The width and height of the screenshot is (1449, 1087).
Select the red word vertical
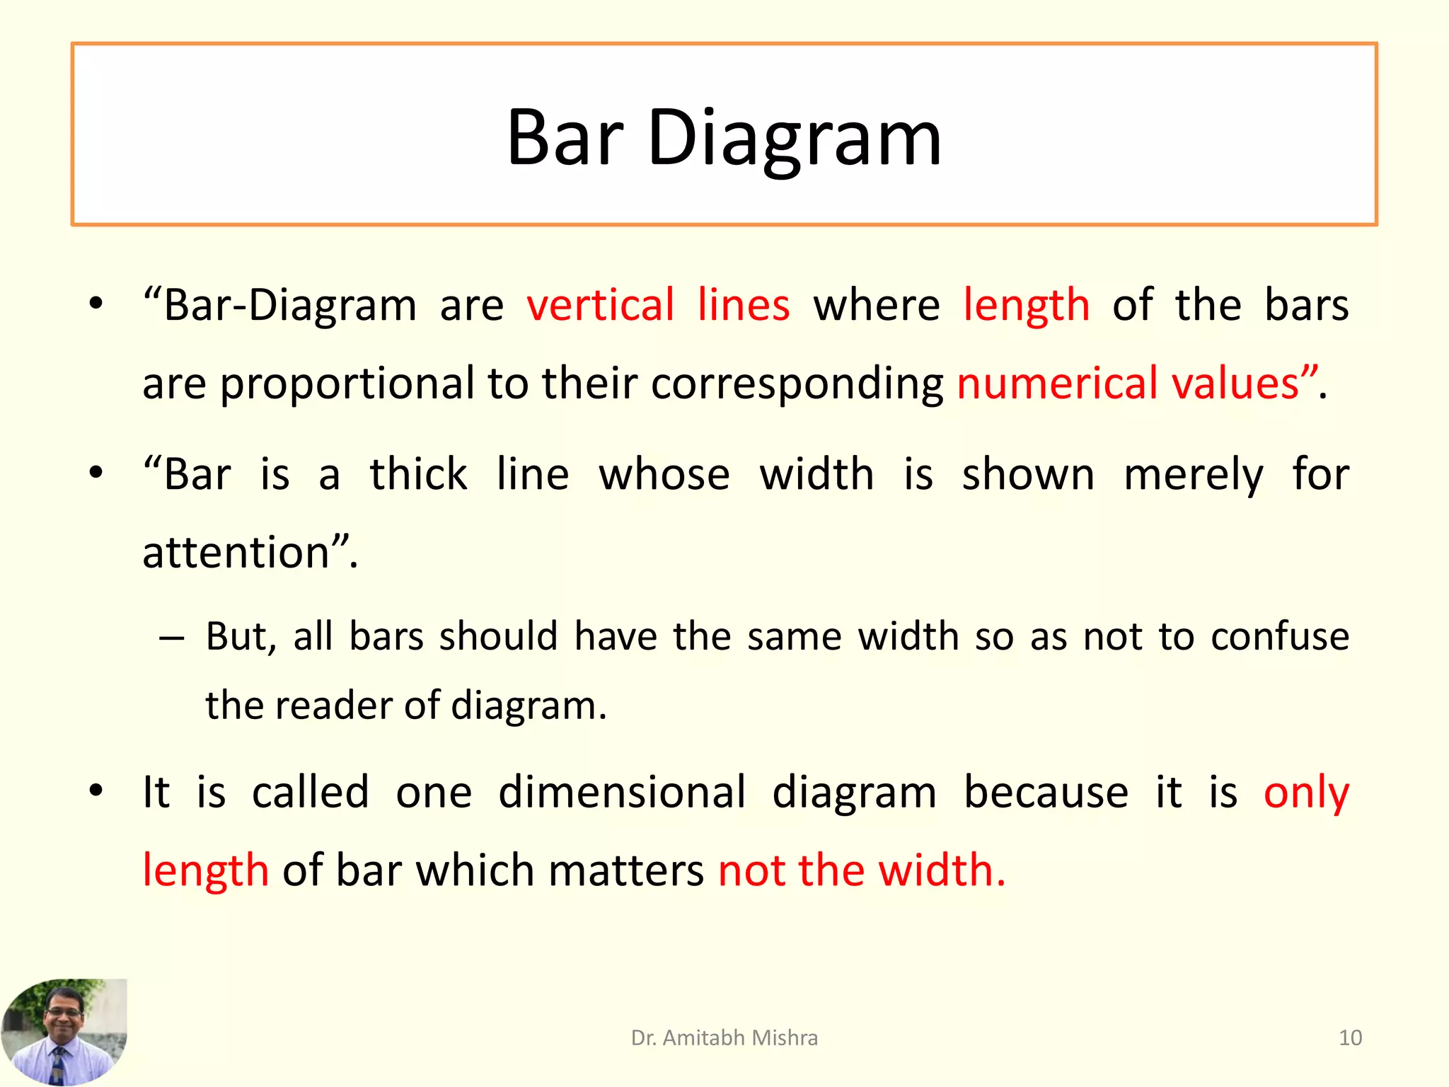pyautogui.click(x=600, y=306)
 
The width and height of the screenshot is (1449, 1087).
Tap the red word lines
pyautogui.click(x=743, y=306)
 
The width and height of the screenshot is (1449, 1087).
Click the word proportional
pyautogui.click(x=347, y=384)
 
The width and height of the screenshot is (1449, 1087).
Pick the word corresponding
pyautogui.click(x=797, y=384)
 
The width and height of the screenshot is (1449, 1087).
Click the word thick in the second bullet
pyautogui.click(x=418, y=474)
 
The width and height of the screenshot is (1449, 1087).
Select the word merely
pyautogui.click(x=1193, y=474)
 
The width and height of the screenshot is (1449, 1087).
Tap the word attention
pyautogui.click(x=236, y=552)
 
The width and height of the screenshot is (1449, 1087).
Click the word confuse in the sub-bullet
pyautogui.click(x=1279, y=636)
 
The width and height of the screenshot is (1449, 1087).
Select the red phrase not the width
pyautogui.click(x=861, y=870)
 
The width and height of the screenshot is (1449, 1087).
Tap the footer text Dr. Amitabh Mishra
pyautogui.click(x=724, y=1037)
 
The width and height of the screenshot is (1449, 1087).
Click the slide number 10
pyautogui.click(x=1350, y=1037)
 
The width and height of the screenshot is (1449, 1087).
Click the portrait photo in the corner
pyautogui.click(x=64, y=1031)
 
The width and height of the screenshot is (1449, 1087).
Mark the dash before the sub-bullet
pyautogui.click(x=172, y=638)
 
